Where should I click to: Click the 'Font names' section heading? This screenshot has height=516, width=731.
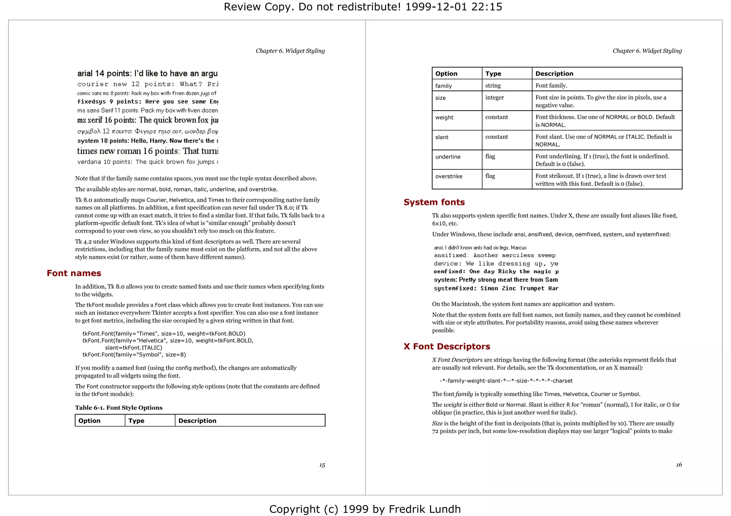74,273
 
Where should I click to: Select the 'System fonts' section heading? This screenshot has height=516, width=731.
434,202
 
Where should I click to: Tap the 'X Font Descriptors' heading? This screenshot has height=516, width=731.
447,346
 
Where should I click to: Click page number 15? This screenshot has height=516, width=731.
322,465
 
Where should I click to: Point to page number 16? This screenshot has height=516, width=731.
679,465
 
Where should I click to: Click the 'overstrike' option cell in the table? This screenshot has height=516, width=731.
449,176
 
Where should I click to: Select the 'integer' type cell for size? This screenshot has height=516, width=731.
494,97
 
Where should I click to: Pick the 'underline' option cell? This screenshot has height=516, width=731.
448,157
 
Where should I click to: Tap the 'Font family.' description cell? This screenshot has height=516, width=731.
551,86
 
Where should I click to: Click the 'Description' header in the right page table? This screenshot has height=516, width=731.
554,73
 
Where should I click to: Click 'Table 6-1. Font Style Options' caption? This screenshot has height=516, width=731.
119,408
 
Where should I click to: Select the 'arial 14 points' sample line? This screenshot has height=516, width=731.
147,73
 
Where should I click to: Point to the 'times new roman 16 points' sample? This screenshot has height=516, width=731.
147,151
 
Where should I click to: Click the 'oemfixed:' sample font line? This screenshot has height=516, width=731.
496,271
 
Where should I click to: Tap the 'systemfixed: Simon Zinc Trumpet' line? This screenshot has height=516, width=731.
496,288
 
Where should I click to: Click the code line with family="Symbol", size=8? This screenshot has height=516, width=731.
134,354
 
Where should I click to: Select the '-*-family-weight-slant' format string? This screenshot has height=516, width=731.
506,380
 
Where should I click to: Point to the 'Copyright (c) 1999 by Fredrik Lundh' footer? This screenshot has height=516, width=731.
365,509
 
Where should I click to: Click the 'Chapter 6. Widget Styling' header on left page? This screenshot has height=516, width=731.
290,51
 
